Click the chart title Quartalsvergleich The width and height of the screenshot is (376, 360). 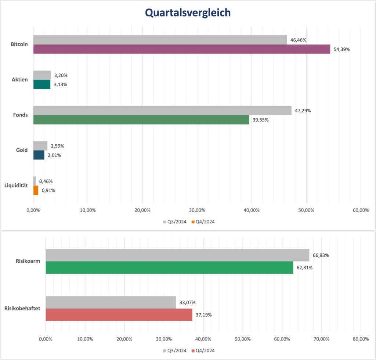(188, 13)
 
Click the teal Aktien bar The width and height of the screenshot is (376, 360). (42, 84)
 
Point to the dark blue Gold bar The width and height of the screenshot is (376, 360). (39, 155)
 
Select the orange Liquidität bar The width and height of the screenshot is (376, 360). (36, 190)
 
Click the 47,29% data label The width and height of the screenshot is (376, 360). (303, 110)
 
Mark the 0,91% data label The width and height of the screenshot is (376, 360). (48, 190)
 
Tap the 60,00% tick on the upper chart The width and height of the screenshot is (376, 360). (360, 210)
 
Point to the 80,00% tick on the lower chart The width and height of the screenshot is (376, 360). (360, 339)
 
